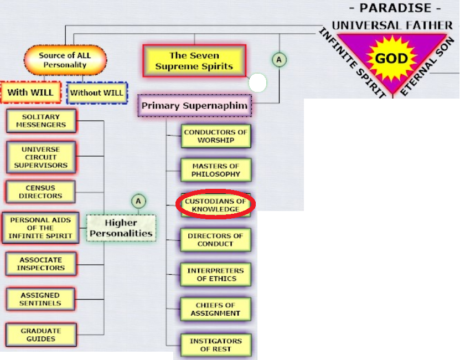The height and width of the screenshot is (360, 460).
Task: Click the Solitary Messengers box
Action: point(40,121)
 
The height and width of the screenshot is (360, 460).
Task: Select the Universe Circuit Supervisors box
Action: point(40,157)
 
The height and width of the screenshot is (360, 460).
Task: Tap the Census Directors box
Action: point(40,192)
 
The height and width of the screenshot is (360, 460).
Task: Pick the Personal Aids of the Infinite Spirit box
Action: point(40,228)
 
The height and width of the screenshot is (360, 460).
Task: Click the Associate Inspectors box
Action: point(40,264)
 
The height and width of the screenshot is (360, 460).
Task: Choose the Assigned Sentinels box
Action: point(40,299)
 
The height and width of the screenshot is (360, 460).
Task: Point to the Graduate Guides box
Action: point(40,335)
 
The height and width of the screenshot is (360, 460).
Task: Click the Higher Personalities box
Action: point(121,228)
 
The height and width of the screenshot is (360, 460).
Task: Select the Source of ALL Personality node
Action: point(65,60)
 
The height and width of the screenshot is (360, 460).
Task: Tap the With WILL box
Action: point(30,92)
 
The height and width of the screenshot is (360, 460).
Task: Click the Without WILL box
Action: point(97,92)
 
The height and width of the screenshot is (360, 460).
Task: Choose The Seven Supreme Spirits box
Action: point(194,61)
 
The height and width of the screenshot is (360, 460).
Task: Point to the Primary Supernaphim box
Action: point(194,105)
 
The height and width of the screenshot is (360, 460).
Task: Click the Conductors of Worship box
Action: point(216,136)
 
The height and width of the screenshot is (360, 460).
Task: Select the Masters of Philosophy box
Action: point(216,170)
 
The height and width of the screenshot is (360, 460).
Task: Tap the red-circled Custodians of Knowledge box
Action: point(216,205)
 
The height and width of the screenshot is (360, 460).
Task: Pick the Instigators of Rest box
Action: point(216,345)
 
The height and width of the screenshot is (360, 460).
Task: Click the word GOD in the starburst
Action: point(391,59)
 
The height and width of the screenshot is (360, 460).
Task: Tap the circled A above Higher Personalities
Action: point(138,200)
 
